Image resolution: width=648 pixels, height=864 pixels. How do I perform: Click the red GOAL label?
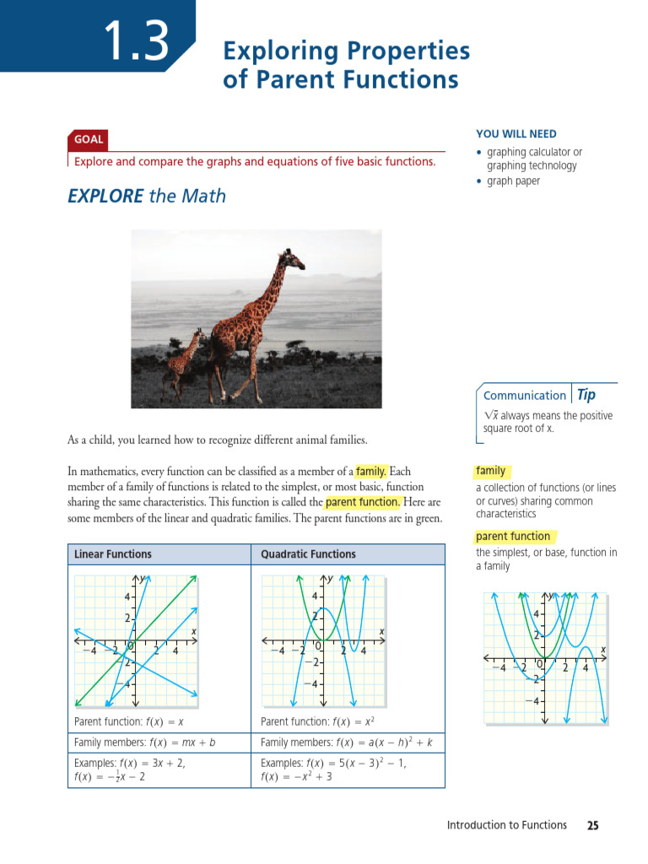89,139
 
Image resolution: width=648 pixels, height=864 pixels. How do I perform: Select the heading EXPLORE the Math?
147,196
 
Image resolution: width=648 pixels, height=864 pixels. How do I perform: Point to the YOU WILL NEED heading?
516,134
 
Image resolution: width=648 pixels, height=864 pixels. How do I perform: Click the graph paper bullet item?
513,181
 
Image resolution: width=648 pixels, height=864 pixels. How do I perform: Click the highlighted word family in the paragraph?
370,471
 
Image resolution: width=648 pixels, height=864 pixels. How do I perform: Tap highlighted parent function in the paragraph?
363,502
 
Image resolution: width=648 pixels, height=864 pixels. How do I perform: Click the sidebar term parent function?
512,537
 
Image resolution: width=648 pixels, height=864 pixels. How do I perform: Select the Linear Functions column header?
113,554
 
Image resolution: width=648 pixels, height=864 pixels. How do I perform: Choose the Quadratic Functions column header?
308,554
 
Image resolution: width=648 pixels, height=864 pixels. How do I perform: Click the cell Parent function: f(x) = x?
129,721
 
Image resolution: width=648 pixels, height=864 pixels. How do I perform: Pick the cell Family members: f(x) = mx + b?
145,742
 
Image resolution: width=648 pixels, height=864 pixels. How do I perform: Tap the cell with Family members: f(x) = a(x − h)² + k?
347,742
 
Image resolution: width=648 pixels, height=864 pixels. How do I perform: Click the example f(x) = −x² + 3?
297,777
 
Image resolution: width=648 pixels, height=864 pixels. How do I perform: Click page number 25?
592,825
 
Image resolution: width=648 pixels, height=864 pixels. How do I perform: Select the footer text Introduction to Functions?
506,825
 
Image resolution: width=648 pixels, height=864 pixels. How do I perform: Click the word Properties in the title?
408,51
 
